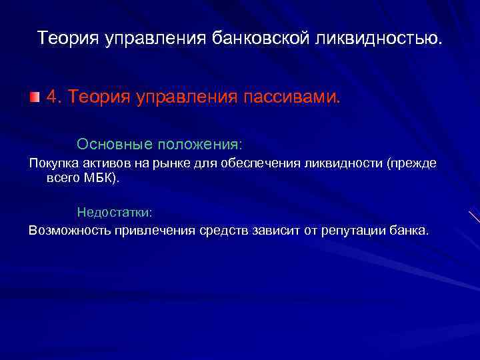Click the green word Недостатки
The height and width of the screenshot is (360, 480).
point(114,213)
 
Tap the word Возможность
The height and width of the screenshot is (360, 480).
point(67,231)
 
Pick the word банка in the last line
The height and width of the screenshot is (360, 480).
point(411,231)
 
